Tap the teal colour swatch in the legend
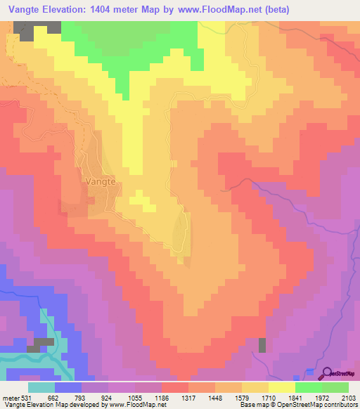tap(41, 387)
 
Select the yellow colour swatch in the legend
tap(281, 387)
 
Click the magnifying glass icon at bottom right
tap(326, 373)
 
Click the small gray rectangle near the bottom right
tap(262, 345)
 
